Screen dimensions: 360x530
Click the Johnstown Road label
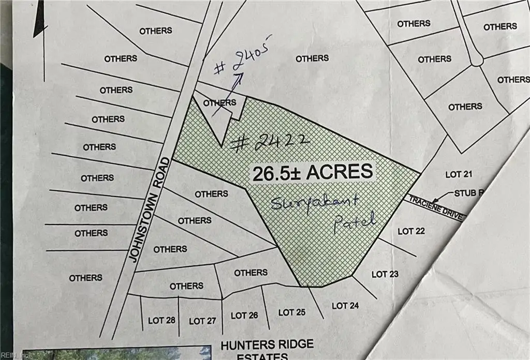150,209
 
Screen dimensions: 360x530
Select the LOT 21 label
459,175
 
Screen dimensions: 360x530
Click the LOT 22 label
411,231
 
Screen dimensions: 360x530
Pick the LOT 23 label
385,274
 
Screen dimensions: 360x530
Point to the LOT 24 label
345,306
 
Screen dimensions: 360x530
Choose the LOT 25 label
292,312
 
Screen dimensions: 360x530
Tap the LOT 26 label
244,315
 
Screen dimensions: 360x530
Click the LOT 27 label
202,321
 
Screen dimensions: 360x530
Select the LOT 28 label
161,320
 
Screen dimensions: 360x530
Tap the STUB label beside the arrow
464,193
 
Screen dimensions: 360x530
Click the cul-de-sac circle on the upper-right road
476,61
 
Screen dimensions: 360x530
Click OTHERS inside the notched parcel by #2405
219,103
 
